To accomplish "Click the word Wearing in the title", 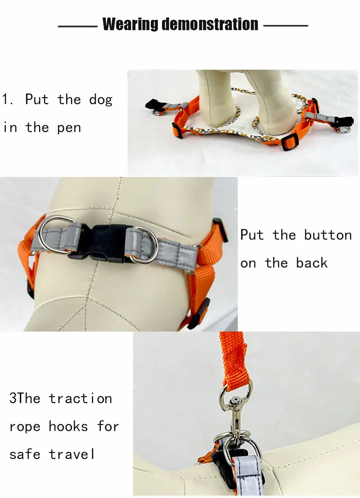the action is pyautogui.click(x=130, y=24).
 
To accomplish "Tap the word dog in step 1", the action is pyautogui.click(x=101, y=100).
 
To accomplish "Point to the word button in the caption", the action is pyautogui.click(x=328, y=235).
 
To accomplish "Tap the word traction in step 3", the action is pyautogui.click(x=80, y=398).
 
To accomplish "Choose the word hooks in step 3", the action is pyautogui.click(x=68, y=426).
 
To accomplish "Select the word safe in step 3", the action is pyautogui.click(x=25, y=454).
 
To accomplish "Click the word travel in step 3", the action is pyautogui.click(x=72, y=454).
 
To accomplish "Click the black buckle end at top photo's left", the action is pyautogui.click(x=153, y=104).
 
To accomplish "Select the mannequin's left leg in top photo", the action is pyautogui.click(x=216, y=99).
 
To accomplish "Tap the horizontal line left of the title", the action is pyautogui.click(x=77, y=27).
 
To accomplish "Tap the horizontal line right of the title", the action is pyautogui.click(x=286, y=26).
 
